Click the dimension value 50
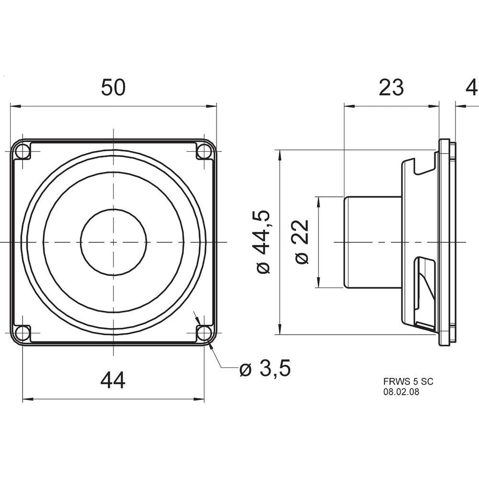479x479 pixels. [113, 88]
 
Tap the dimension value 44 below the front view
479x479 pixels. [113, 381]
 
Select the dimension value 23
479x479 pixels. [391, 88]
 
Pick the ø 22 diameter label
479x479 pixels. [303, 242]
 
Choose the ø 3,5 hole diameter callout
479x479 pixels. [265, 369]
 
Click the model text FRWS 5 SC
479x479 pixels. [408, 382]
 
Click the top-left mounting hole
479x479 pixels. [22, 152]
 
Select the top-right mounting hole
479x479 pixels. [205, 152]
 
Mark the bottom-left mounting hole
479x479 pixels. [22, 332]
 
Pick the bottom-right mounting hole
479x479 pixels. [205, 332]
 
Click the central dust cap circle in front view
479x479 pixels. [113, 242]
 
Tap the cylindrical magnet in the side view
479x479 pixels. [373, 242]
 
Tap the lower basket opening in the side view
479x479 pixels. [425, 292]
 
